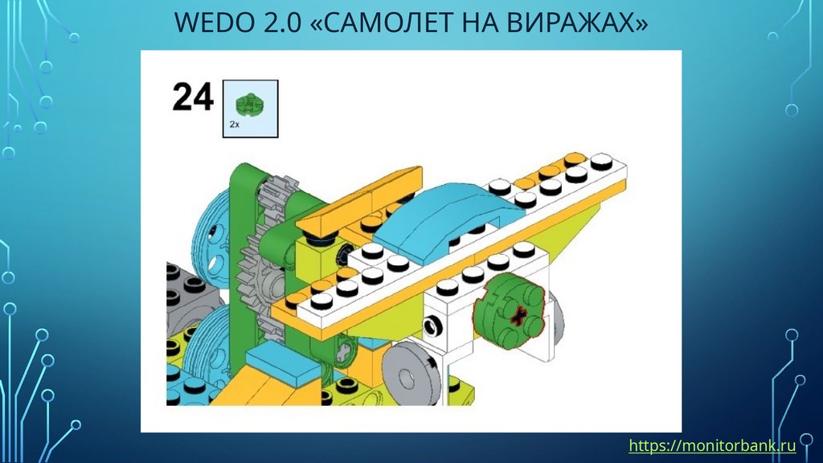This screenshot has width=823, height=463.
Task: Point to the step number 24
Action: coord(193,97)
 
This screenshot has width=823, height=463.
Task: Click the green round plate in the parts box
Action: coord(250,104)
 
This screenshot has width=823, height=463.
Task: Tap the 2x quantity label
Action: coord(234,125)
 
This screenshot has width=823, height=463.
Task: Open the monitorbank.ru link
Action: coord(712,445)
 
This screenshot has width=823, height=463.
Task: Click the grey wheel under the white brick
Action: coord(409,374)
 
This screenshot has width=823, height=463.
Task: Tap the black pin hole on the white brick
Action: coord(433,326)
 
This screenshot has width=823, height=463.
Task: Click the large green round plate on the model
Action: coord(509,311)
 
